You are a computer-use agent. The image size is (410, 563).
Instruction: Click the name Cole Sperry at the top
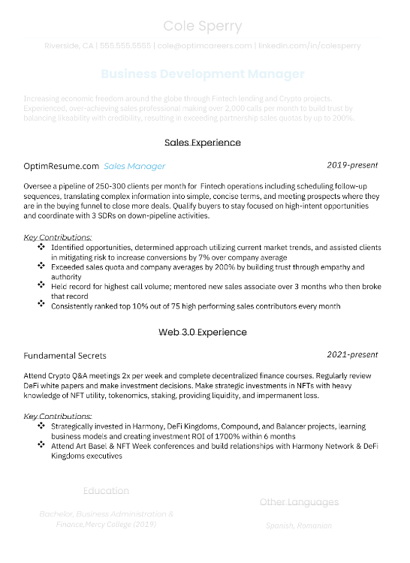tap(203, 27)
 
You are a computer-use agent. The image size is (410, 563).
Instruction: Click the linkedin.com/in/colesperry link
tap(309, 46)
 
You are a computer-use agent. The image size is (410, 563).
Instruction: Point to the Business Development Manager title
tap(203, 74)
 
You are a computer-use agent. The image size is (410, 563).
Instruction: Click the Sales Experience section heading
tap(203, 142)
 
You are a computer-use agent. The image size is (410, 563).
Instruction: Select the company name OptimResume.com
tap(62, 166)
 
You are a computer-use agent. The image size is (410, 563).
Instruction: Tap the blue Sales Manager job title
tap(134, 166)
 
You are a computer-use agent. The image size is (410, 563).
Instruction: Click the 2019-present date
tap(352, 165)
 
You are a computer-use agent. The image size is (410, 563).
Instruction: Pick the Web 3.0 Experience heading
tap(203, 331)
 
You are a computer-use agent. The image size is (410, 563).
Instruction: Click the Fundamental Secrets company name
tap(65, 356)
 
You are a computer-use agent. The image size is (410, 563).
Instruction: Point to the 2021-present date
tap(352, 354)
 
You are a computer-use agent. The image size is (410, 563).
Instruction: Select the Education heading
tap(106, 491)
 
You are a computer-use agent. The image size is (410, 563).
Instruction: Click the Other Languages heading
tap(299, 502)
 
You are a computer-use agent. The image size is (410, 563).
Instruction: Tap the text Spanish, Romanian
tap(299, 525)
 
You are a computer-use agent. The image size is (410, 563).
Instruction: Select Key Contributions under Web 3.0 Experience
tap(58, 416)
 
